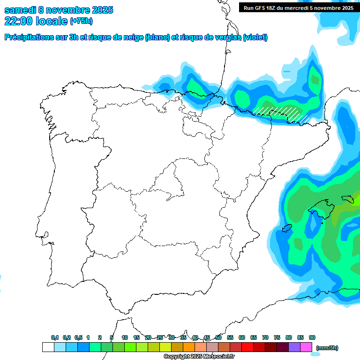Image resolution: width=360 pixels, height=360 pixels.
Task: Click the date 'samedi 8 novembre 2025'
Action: (59, 10)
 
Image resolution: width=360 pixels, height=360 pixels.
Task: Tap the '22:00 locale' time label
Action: (36, 21)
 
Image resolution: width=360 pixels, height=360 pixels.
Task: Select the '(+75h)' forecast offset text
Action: (81, 21)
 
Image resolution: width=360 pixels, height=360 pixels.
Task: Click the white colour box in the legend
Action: (48, 347)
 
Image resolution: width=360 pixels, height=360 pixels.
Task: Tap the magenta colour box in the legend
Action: (306, 347)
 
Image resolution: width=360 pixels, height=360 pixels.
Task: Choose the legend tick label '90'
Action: (312, 337)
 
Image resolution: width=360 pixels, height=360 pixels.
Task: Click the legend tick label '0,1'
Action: (55, 337)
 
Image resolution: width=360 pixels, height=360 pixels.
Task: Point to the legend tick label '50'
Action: (218, 337)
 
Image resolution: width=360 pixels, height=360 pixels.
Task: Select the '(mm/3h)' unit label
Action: (327, 348)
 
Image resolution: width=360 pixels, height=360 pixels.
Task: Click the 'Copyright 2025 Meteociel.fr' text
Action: (199, 357)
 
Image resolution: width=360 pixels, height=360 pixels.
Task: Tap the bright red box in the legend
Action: (247, 347)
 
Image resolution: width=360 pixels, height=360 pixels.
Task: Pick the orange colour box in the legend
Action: (189, 347)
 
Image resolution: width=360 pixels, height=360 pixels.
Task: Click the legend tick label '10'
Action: (125, 337)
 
